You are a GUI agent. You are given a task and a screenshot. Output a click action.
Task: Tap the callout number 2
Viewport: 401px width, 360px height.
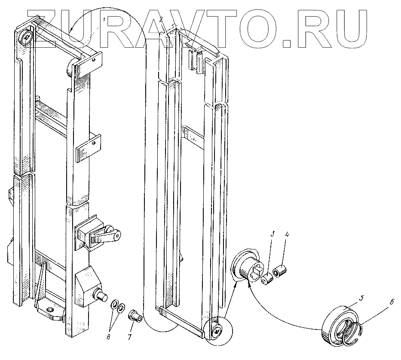point(161,20)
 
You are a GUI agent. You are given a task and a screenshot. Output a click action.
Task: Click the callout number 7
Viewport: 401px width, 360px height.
point(129,337)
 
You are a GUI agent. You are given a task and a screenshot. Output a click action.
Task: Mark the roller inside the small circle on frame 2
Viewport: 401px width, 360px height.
point(217,331)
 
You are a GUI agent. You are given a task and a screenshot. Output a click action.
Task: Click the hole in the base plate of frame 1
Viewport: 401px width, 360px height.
point(51,309)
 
